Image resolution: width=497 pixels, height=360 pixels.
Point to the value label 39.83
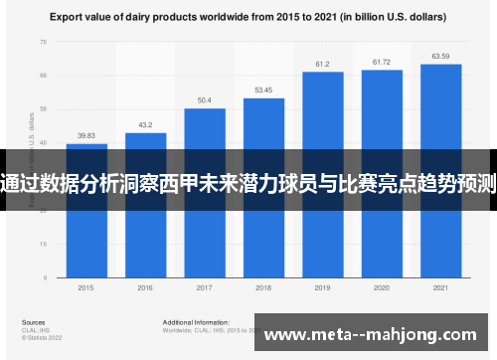pos(86,136)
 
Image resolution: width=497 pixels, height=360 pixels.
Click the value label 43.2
pos(145,125)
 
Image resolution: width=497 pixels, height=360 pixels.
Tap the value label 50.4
pos(204,100)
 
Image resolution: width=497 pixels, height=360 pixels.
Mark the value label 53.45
pos(263,90)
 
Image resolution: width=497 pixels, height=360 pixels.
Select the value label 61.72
pos(381,62)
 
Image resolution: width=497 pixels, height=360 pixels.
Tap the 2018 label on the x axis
pos(263,287)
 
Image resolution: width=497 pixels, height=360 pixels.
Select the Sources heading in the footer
pos(33,323)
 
